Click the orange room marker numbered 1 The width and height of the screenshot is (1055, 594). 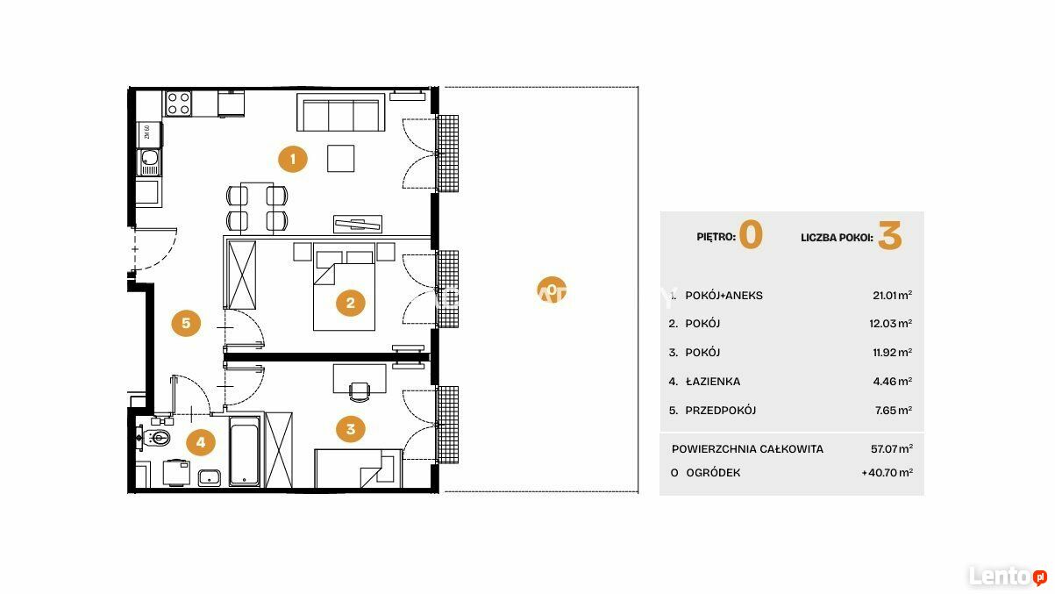coord(293,159)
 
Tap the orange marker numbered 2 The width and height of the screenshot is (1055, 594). coord(351,303)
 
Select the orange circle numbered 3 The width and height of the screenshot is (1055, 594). coord(351,429)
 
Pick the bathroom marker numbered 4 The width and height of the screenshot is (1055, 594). coord(201,442)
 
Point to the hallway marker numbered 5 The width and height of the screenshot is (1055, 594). coord(186,323)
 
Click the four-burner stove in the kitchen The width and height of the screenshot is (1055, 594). coord(179,104)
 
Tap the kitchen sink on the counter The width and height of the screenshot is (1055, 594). coord(149,162)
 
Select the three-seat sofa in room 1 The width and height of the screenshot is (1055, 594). coord(340,112)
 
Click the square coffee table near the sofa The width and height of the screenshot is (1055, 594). coord(340,158)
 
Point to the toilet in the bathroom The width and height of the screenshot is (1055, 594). coord(157,438)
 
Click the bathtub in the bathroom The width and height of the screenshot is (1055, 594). coord(245,451)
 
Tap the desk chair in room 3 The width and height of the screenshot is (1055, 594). coord(360,392)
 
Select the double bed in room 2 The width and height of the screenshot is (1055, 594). coord(344,286)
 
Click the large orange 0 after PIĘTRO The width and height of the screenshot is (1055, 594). coord(751,234)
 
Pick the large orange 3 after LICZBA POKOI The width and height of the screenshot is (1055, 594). coord(889,235)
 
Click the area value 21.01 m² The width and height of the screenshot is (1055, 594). coord(892,296)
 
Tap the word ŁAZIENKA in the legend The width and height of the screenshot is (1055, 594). coord(713,381)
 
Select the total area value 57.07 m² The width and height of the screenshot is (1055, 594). coord(892,448)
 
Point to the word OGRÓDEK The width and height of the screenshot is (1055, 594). coord(713,472)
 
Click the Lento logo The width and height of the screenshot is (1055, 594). coord(1008,576)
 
